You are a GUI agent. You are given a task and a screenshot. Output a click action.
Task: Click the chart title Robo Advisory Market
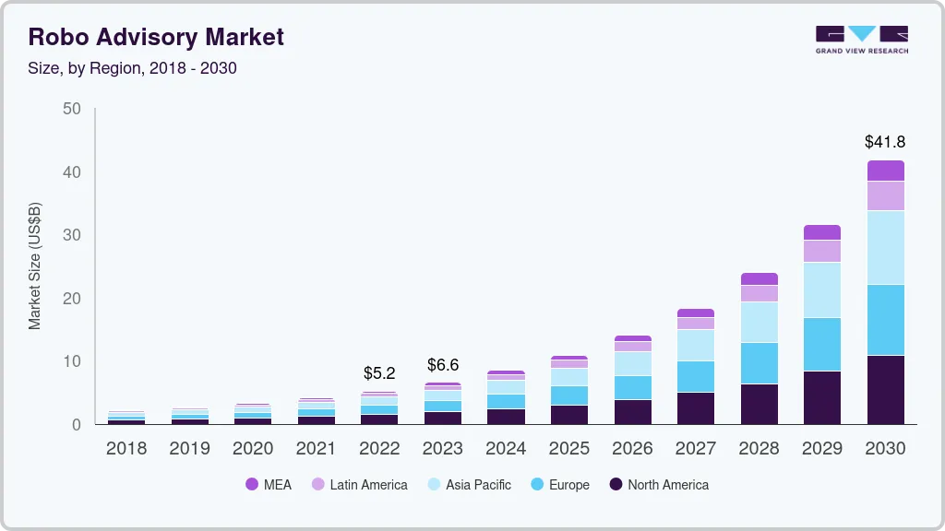coord(155,37)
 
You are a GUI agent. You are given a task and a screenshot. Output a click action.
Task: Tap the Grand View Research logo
coord(862,40)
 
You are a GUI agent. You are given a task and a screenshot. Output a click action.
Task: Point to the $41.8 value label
coord(885,141)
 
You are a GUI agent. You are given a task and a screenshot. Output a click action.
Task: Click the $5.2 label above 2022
coord(379,373)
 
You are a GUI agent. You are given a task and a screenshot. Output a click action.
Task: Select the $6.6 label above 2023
coord(443,365)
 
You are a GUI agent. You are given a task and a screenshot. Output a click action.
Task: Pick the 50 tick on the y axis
coord(72,109)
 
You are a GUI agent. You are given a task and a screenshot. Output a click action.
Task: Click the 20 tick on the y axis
coord(72,298)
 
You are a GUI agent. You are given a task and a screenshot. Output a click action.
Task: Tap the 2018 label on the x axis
coord(126,449)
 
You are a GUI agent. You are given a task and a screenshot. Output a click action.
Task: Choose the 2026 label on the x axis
coord(632,449)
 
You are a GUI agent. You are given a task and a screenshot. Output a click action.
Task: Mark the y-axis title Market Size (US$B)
coord(34,266)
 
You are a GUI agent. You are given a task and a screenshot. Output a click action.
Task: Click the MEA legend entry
coord(269,485)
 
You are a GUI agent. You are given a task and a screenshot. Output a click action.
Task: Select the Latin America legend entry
coord(359,485)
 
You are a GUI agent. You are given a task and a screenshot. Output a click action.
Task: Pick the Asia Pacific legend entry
coord(469,485)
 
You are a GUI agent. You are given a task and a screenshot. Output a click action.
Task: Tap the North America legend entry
coord(659,485)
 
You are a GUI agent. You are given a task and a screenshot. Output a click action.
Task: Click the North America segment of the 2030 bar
coord(885,390)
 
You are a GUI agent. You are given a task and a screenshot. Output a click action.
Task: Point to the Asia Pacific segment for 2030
coord(885,247)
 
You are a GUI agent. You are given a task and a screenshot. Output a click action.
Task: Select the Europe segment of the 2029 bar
coord(822,345)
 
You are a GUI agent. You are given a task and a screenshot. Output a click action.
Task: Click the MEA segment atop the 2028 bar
coord(760,278)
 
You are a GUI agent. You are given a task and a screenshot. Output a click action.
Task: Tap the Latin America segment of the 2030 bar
coord(885,195)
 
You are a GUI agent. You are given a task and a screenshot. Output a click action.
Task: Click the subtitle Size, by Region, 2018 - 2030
coord(132,68)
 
